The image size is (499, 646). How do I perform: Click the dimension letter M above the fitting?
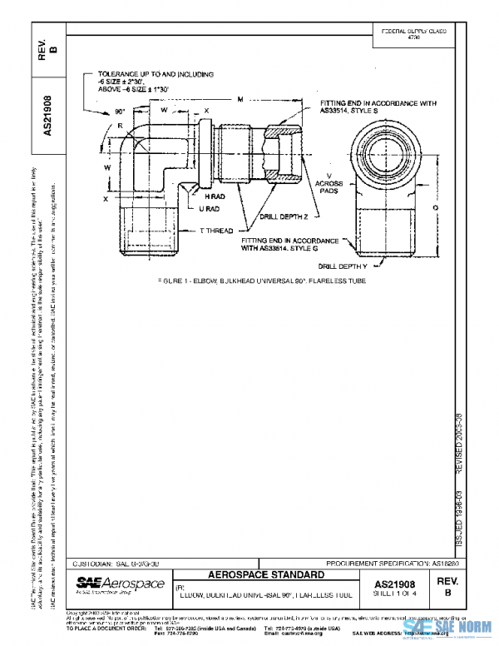[239, 99]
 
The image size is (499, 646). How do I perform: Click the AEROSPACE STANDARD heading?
[265, 575]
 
